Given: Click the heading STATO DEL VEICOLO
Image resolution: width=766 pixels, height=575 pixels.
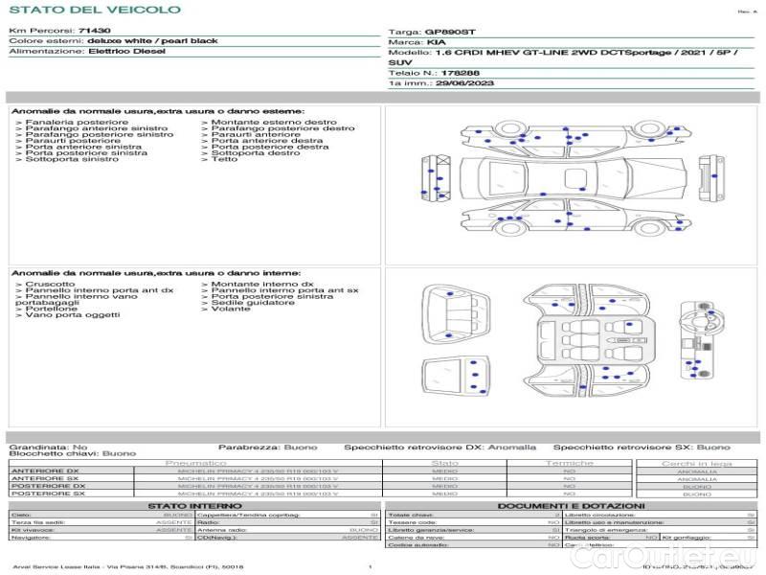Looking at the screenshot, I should (94, 10).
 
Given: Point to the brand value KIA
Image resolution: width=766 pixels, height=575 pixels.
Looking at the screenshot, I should (435, 43).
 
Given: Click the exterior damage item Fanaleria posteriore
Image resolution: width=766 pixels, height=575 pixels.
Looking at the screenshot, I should (77, 123).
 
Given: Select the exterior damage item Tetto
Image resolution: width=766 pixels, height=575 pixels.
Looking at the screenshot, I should (225, 159).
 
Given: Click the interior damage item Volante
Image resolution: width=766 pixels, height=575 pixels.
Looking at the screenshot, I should (231, 310).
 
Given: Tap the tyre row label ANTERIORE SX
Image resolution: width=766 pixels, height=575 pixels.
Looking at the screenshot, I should (44, 478).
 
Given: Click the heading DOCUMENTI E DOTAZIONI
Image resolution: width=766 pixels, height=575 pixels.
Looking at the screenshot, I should (571, 505).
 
